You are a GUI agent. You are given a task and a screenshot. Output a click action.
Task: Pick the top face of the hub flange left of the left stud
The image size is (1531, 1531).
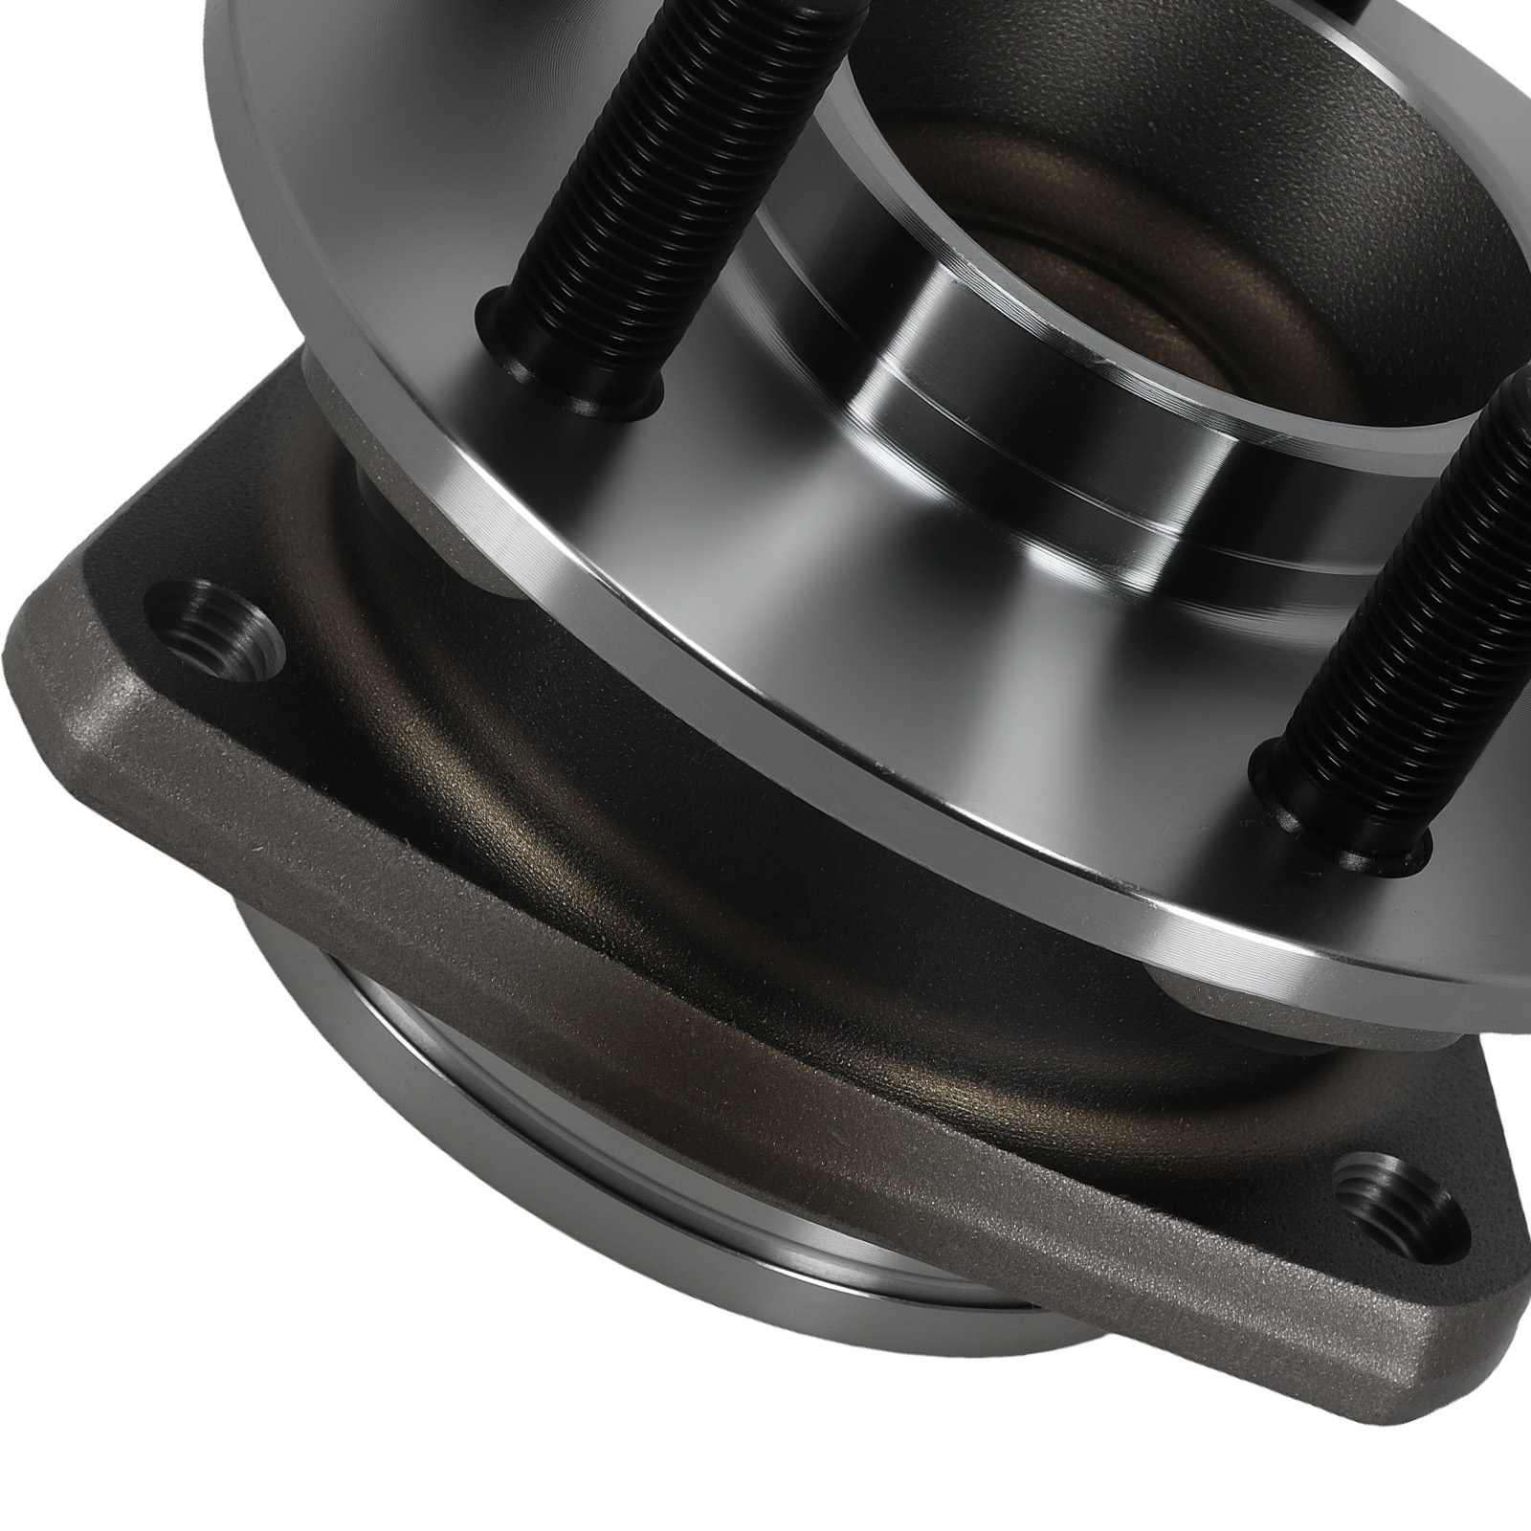point(383,239)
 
